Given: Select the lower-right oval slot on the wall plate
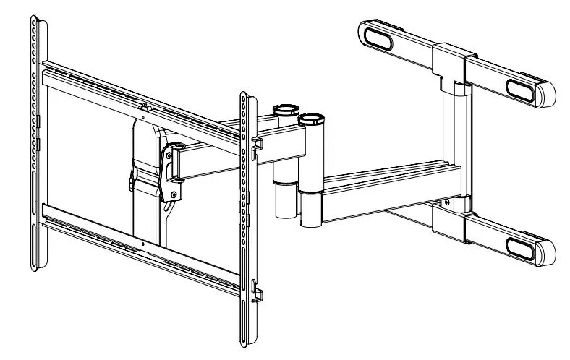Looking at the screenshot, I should click(x=522, y=247).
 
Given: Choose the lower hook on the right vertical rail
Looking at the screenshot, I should click(x=257, y=293).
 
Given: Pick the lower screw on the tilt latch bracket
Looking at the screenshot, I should click(x=172, y=194).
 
